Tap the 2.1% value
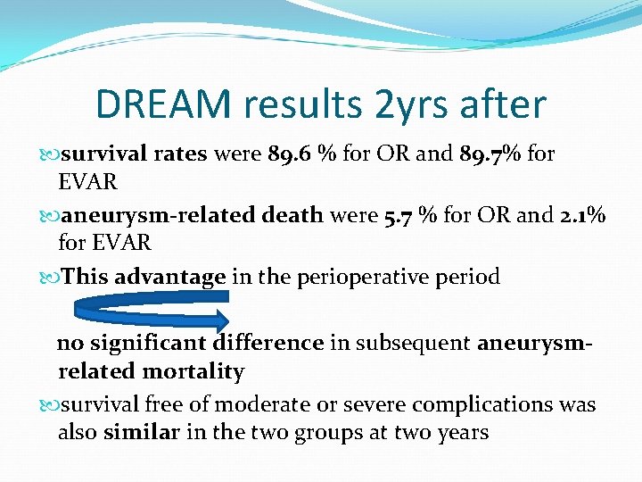(581, 215)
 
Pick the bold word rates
(179, 154)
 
